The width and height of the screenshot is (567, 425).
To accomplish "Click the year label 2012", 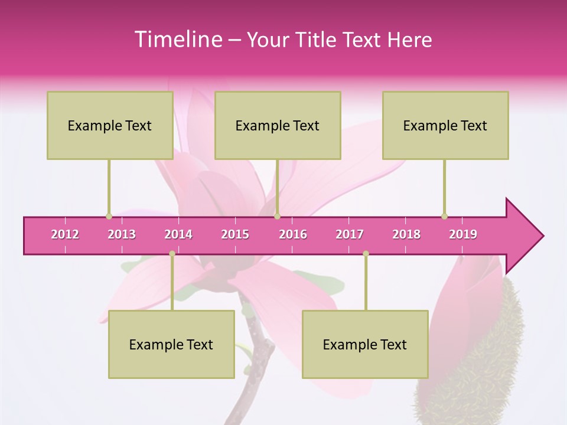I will [x=65, y=234].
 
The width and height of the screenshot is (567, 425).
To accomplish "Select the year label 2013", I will [x=122, y=234].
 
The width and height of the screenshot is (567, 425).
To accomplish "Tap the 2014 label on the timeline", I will [x=178, y=234].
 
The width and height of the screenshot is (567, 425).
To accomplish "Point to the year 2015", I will [x=235, y=234].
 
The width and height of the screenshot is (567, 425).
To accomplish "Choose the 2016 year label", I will [x=293, y=234].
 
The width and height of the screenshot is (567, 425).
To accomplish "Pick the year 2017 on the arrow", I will [x=350, y=234].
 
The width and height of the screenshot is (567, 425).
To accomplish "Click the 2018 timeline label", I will [x=406, y=234].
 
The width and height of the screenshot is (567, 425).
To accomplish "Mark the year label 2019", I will [x=463, y=234].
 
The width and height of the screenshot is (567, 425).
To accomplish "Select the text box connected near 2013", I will [x=110, y=125].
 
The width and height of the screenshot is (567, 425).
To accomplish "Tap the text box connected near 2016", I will [x=278, y=125].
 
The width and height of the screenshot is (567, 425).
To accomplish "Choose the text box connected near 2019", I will [x=445, y=125].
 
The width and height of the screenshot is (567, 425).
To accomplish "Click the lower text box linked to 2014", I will [x=171, y=344].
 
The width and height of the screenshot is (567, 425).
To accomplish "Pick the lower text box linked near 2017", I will [x=365, y=344].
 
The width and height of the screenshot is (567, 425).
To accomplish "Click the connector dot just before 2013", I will [x=109, y=217].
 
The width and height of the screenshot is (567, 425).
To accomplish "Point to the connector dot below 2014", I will [x=172, y=254].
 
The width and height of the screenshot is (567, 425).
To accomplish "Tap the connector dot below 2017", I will [x=366, y=254].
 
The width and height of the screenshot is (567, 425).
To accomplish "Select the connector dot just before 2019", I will [x=444, y=217].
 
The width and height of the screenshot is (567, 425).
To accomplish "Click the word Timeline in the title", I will [x=178, y=40].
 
